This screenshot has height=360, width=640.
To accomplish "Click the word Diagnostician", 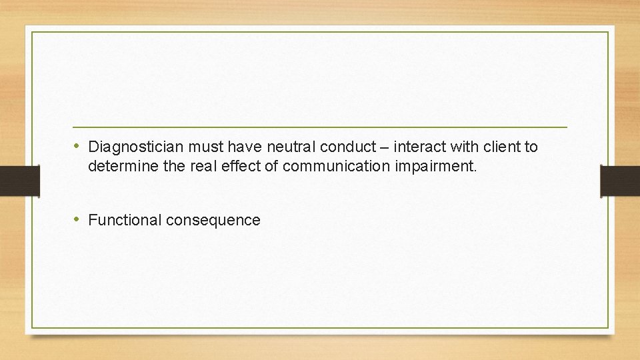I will [137, 147].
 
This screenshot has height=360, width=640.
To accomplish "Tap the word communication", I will [337, 165].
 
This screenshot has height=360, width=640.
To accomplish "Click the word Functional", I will [125, 220].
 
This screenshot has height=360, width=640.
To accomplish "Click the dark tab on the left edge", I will [19, 181].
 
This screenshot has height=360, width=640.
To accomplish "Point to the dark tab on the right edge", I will [620, 181].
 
